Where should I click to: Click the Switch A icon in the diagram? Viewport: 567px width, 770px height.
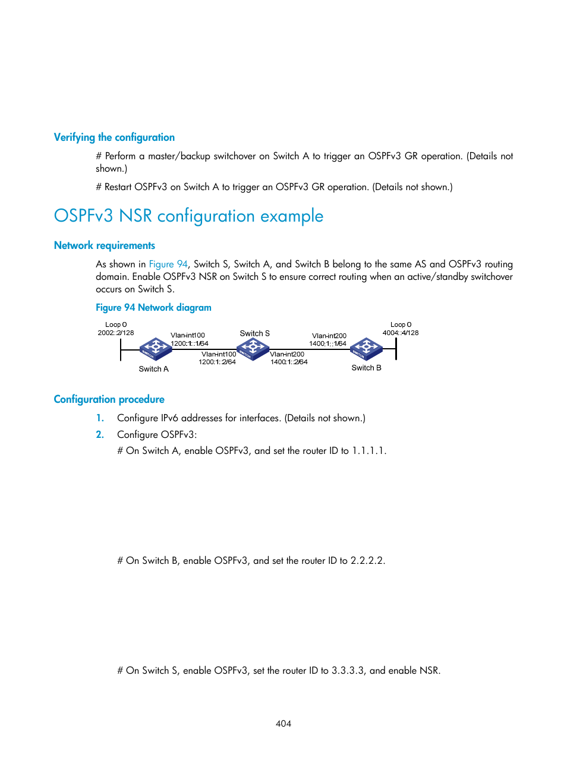tap(156, 349)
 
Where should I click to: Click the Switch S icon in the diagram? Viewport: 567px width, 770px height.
tap(253, 349)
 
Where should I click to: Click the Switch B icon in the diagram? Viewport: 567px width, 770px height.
tap(366, 349)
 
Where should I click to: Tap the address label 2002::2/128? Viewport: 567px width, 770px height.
tap(116, 333)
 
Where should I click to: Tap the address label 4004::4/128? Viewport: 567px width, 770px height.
tap(401, 333)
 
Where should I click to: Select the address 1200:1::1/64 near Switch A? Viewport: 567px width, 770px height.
tap(190, 343)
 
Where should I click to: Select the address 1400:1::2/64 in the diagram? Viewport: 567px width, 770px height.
tap(289, 362)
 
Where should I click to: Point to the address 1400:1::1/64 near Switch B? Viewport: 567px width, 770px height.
tap(327, 343)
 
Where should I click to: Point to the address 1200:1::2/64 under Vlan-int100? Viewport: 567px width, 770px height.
tap(217, 362)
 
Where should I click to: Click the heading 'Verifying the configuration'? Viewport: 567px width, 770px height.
tap(114, 137)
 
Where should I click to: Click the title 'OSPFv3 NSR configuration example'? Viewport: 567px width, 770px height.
tap(188, 216)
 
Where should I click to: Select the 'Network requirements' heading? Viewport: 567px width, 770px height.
tap(105, 245)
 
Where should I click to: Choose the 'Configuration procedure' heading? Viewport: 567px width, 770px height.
tap(109, 399)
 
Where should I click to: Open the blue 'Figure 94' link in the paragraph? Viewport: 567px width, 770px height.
tap(168, 264)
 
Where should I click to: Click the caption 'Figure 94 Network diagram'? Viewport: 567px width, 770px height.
tap(153, 307)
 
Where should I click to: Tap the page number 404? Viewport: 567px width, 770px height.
tap(283, 724)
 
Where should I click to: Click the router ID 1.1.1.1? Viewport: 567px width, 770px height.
tap(368, 451)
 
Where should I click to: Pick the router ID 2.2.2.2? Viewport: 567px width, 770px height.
tap(367, 561)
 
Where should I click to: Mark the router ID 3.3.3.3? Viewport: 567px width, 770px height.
tap(348, 671)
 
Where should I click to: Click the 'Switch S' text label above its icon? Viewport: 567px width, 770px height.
tap(254, 333)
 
